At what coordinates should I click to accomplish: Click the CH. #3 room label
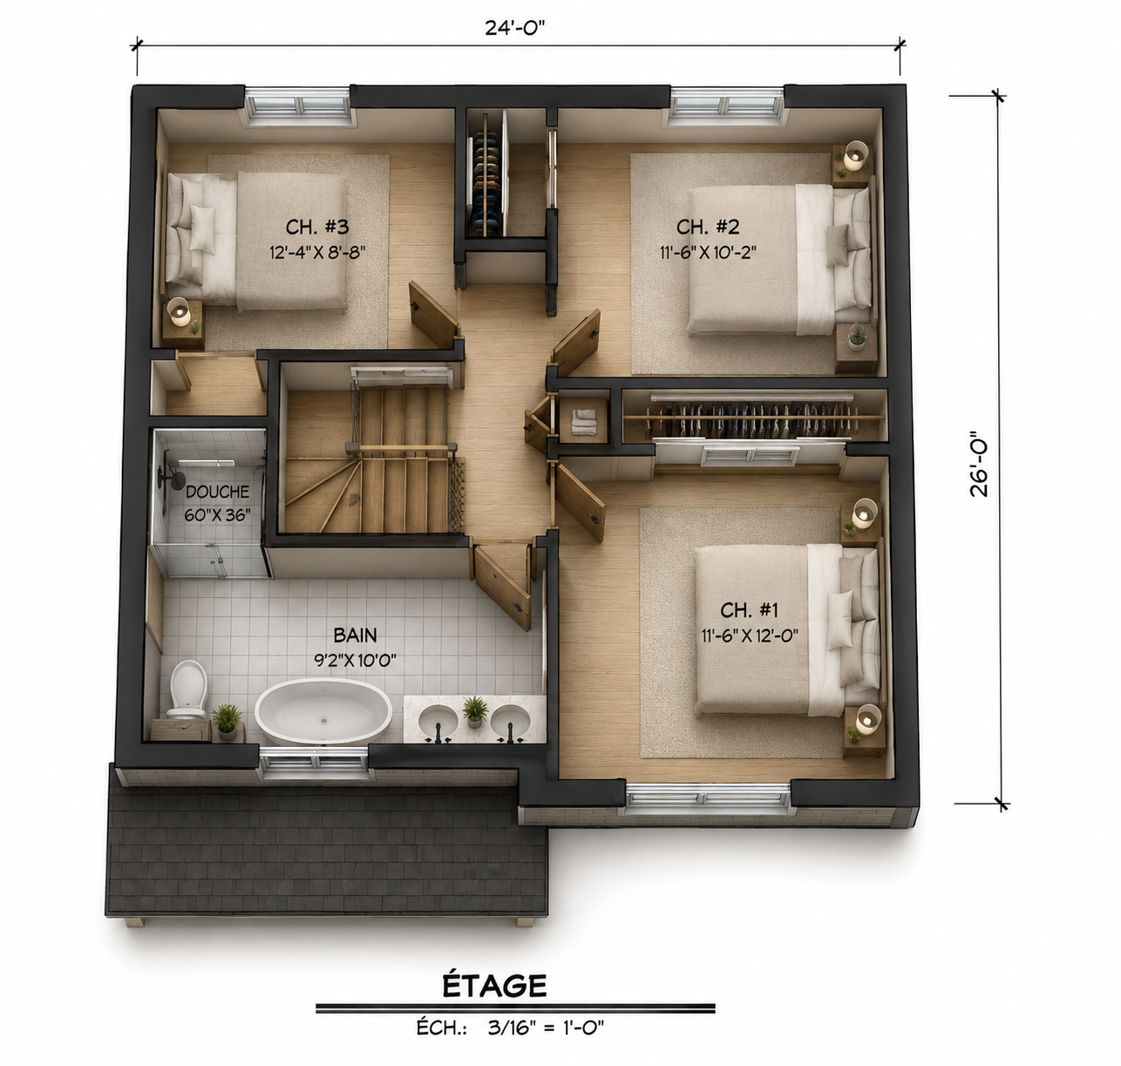[x=316, y=227]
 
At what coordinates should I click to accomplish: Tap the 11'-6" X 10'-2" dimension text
[x=708, y=252]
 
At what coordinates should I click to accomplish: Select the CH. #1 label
[x=749, y=610]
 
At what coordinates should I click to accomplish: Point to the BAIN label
[x=355, y=635]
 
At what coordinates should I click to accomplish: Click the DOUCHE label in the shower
[x=217, y=492]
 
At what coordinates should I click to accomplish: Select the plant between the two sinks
[x=475, y=711]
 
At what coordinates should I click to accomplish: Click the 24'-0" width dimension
[x=512, y=27]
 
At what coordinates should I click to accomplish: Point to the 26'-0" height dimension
[x=979, y=463]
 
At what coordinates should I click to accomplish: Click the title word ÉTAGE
[x=494, y=986]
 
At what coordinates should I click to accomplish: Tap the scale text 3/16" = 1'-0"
[x=546, y=1028]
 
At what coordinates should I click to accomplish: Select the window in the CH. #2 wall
[x=727, y=106]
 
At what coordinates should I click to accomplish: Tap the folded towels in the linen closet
[x=583, y=422]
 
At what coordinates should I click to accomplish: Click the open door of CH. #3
[x=434, y=315]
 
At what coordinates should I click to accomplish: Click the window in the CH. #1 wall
[x=708, y=798]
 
